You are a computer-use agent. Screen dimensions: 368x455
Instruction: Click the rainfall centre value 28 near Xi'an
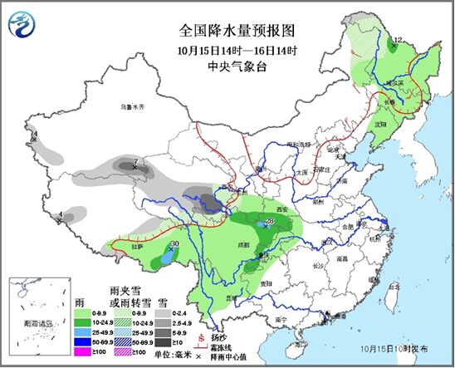[x=269, y=221]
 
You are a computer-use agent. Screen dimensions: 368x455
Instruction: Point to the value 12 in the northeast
[x=397, y=40]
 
